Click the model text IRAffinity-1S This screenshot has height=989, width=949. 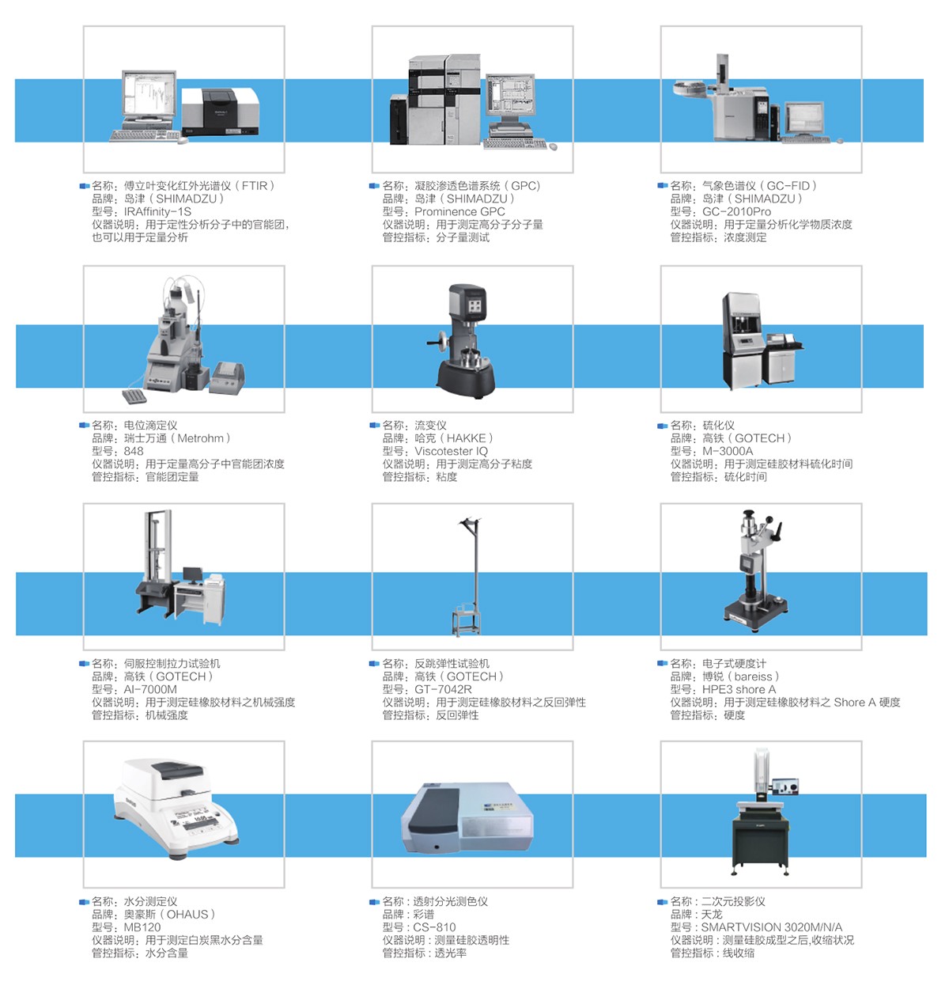pos(157,211)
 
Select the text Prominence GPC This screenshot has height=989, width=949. pos(459,211)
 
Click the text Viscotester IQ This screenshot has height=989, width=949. pos(451,451)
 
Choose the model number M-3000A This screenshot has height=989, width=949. pos(728,451)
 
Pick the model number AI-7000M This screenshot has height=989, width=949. pos(150,689)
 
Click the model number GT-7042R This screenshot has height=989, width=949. pos(443,689)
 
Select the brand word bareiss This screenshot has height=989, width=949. pos(754,676)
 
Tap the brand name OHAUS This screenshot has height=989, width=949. pos(187,915)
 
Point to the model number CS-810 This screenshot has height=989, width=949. pos(434,927)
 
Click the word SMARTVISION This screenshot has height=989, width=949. pos(739,927)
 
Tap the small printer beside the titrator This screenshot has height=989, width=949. pos(228,377)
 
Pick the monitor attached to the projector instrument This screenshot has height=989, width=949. pos(786,787)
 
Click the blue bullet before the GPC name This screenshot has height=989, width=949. pos(374,186)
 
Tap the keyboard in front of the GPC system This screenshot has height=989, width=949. pos(515,144)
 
